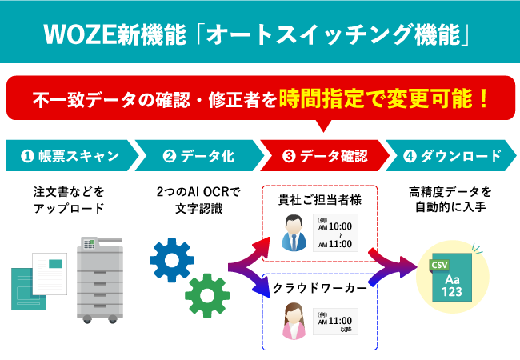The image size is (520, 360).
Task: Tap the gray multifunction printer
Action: pyautogui.click(x=100, y=275)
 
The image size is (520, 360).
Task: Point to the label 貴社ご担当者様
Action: pyautogui.click(x=321, y=199)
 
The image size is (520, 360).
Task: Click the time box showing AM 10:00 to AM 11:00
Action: pyautogui.click(x=335, y=233)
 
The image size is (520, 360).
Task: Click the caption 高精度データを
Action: pyautogui.click(x=450, y=193)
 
